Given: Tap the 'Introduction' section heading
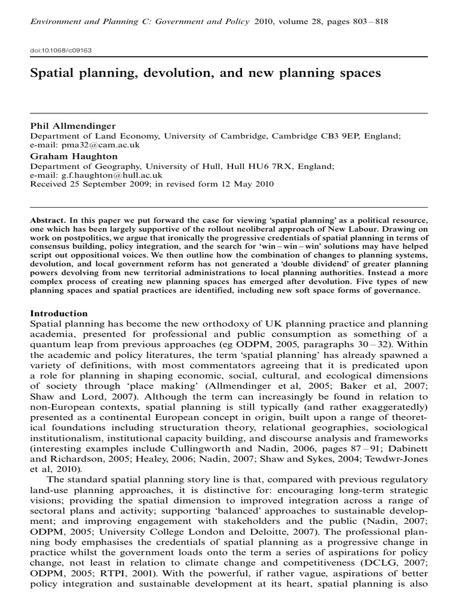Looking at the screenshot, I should [59, 314].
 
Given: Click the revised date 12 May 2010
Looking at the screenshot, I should [246, 184].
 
